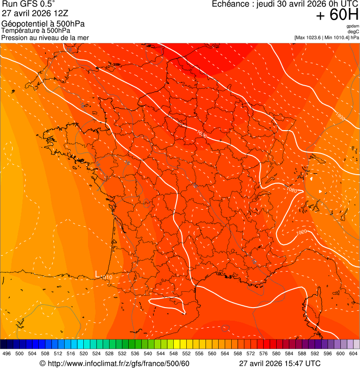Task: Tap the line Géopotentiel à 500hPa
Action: (x=43, y=24)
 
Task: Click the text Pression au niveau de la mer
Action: (x=45, y=37)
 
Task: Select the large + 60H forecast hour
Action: (x=337, y=15)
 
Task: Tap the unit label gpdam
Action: (x=353, y=26)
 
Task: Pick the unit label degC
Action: (x=353, y=31)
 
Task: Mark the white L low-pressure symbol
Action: (x=97, y=273)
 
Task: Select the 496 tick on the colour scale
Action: (x=7, y=353)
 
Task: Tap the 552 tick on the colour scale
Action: (x=186, y=353)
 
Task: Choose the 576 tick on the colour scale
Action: (x=264, y=353)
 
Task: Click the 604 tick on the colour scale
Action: (x=353, y=353)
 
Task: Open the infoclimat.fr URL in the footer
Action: (x=114, y=363)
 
